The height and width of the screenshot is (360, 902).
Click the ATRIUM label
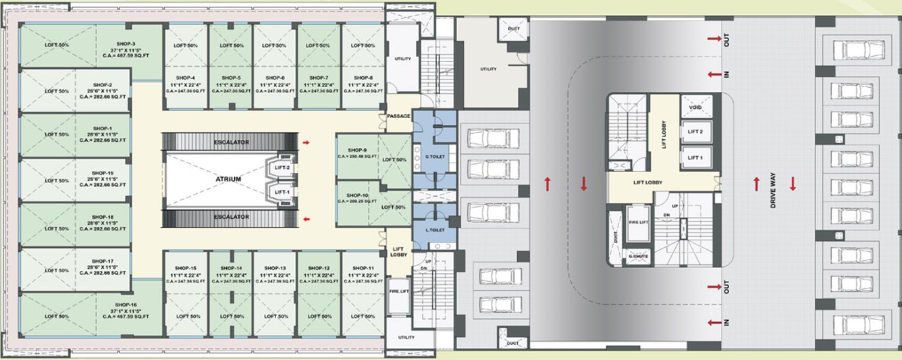[x=229, y=179]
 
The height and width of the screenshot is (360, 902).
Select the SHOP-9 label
[x=356, y=150]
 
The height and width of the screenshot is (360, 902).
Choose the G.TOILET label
[x=432, y=157]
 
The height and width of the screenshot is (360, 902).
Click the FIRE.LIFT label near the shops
[x=398, y=291]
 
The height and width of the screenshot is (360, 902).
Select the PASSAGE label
[x=398, y=117]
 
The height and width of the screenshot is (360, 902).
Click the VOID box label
[x=696, y=108]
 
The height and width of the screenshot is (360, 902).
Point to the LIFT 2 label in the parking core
[x=695, y=132]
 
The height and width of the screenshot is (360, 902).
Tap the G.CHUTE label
[x=639, y=257]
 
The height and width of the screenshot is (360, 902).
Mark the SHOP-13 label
[x=275, y=267]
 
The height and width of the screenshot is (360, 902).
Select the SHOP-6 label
[x=275, y=78]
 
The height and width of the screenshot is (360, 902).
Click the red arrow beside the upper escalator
[x=307, y=143]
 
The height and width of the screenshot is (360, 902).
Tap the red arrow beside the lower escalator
[x=307, y=220]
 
